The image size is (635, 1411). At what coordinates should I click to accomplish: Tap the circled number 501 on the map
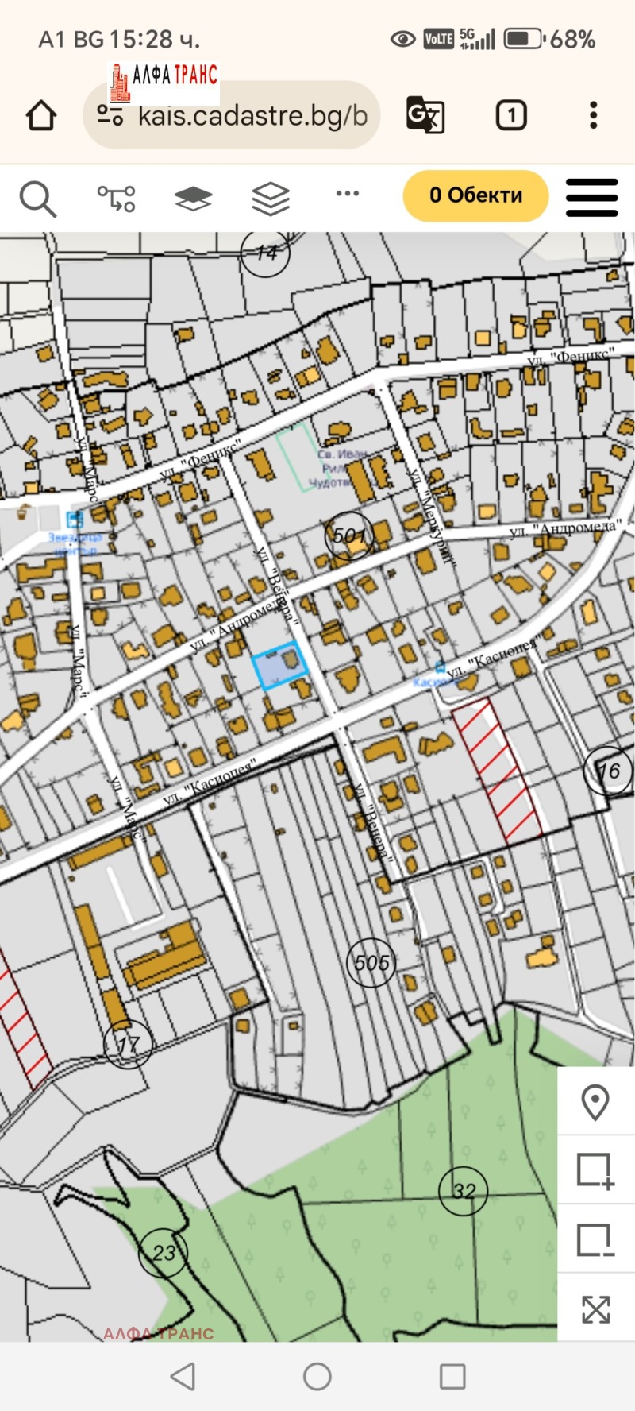point(349,535)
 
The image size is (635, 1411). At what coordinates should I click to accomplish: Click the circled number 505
point(371,963)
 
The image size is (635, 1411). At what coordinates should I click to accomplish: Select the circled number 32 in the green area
point(464,1190)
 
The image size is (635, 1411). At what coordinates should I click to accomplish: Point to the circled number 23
point(163,1253)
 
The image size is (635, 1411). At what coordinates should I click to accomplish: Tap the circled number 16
point(608,771)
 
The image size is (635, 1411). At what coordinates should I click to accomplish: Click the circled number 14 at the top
point(266,253)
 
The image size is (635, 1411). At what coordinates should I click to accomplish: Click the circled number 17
point(128,1045)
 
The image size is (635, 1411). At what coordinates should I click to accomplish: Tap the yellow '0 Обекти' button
point(475,195)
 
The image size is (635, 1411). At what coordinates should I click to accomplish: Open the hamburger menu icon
point(591,197)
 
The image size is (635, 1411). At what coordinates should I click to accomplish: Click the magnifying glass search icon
point(37,199)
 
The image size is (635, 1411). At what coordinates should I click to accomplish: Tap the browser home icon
point(41,116)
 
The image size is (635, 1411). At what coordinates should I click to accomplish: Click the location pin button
point(595,1102)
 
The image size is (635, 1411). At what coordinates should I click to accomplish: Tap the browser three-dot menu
point(594,116)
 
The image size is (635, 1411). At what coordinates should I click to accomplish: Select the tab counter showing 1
point(511,116)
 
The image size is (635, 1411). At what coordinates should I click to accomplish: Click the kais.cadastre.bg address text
point(252,116)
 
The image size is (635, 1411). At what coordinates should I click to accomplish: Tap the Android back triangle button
point(183,1376)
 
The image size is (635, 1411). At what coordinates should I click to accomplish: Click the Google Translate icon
point(425,115)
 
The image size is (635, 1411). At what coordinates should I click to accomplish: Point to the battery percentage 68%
point(572,39)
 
